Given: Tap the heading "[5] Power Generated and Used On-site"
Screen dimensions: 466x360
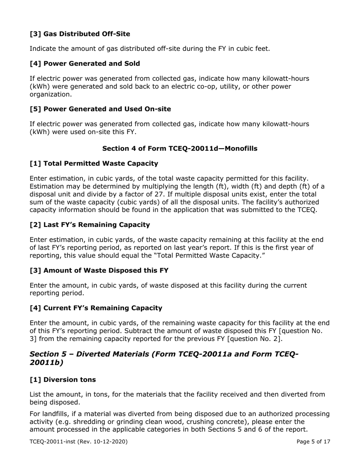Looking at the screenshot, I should (x=100, y=109).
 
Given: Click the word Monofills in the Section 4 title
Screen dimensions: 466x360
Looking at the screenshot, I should (x=239, y=149).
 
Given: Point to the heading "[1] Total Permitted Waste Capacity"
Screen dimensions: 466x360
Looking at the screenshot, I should (x=94, y=164).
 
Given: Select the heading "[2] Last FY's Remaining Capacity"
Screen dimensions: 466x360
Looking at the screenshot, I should (x=89, y=225).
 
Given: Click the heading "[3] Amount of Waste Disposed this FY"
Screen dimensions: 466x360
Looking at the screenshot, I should (x=99, y=271).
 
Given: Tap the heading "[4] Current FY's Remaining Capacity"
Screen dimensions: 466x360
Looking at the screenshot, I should (x=95, y=308).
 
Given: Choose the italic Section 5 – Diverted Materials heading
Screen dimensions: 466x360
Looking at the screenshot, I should (x=164, y=358).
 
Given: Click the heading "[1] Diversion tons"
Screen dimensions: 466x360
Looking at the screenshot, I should (x=63, y=380).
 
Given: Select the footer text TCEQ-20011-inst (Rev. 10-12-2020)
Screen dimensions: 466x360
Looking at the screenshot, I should (x=78, y=442).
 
